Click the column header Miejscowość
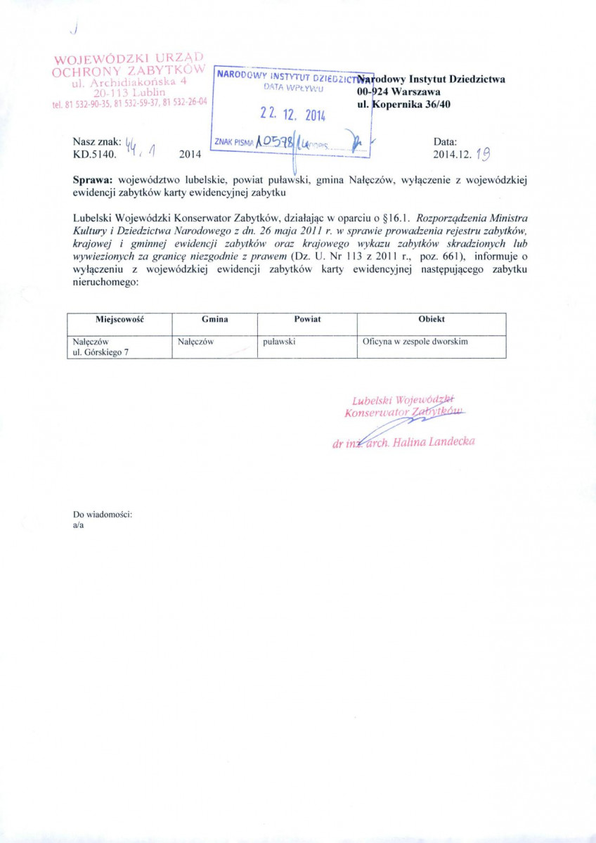[x=119, y=319]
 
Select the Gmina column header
[x=214, y=319]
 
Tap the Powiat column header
[x=307, y=319]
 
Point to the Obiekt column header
[x=431, y=319]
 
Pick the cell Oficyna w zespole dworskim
[x=415, y=342]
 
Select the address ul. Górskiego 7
[x=101, y=352]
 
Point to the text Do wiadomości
[x=103, y=515]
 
